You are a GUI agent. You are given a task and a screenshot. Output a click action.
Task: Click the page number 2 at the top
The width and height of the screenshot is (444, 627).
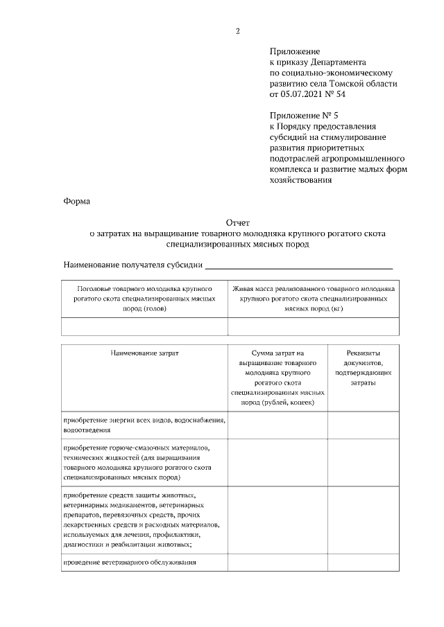(237, 30)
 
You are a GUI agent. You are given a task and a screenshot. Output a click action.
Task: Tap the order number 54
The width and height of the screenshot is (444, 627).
(340, 94)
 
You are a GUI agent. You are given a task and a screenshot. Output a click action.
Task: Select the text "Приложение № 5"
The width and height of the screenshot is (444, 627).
(303, 116)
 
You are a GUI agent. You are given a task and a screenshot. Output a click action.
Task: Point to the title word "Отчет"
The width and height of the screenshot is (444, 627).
(237, 223)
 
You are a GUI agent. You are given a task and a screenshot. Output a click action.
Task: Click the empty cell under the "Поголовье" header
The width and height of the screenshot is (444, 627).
(144, 326)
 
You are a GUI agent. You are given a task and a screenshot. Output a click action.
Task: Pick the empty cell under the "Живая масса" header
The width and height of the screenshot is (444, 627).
(314, 326)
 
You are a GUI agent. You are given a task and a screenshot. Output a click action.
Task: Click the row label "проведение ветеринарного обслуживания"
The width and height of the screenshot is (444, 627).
(130, 562)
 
